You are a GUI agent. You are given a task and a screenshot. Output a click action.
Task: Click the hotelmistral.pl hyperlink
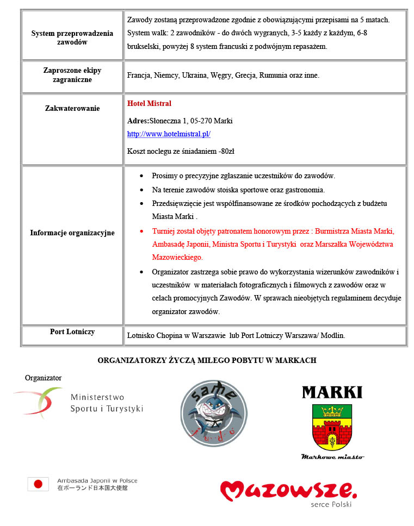click(169, 134)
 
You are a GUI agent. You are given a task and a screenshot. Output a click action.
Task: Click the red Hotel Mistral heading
click(149, 103)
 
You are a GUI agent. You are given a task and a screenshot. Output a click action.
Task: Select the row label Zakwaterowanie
click(72, 108)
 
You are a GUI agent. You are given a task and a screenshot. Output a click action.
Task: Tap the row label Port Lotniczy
click(72, 331)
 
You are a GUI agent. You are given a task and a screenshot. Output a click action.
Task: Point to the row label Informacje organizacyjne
click(72, 233)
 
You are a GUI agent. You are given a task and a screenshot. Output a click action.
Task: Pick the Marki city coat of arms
click(332, 427)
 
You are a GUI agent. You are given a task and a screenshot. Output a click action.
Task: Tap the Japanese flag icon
click(38, 484)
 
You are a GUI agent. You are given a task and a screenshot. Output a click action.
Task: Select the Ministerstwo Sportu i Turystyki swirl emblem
click(39, 402)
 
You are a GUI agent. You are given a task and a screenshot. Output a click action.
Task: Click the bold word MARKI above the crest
click(332, 392)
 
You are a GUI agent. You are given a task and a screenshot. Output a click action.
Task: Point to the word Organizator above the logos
click(43, 378)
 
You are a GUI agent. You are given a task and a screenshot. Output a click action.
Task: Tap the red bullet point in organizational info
click(142, 230)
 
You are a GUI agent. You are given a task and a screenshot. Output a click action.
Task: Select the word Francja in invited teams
click(139, 76)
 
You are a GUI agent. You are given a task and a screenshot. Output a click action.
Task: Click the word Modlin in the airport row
click(332, 336)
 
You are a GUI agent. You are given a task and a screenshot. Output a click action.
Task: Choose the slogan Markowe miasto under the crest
click(332, 457)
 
